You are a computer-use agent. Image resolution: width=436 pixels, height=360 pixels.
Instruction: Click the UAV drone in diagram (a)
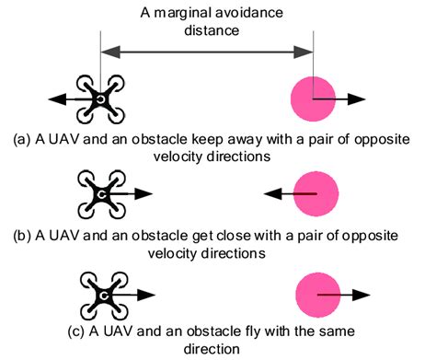[x=97, y=97]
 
